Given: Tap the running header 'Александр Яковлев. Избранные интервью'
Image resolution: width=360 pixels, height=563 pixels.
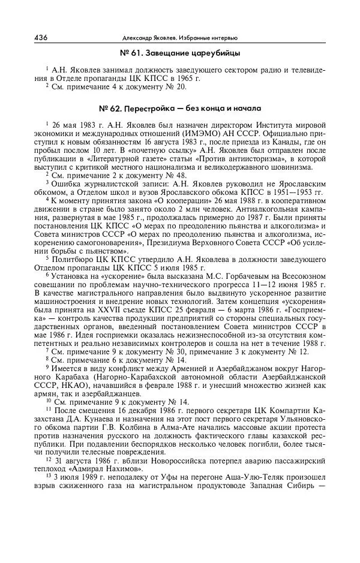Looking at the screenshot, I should (179, 38).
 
